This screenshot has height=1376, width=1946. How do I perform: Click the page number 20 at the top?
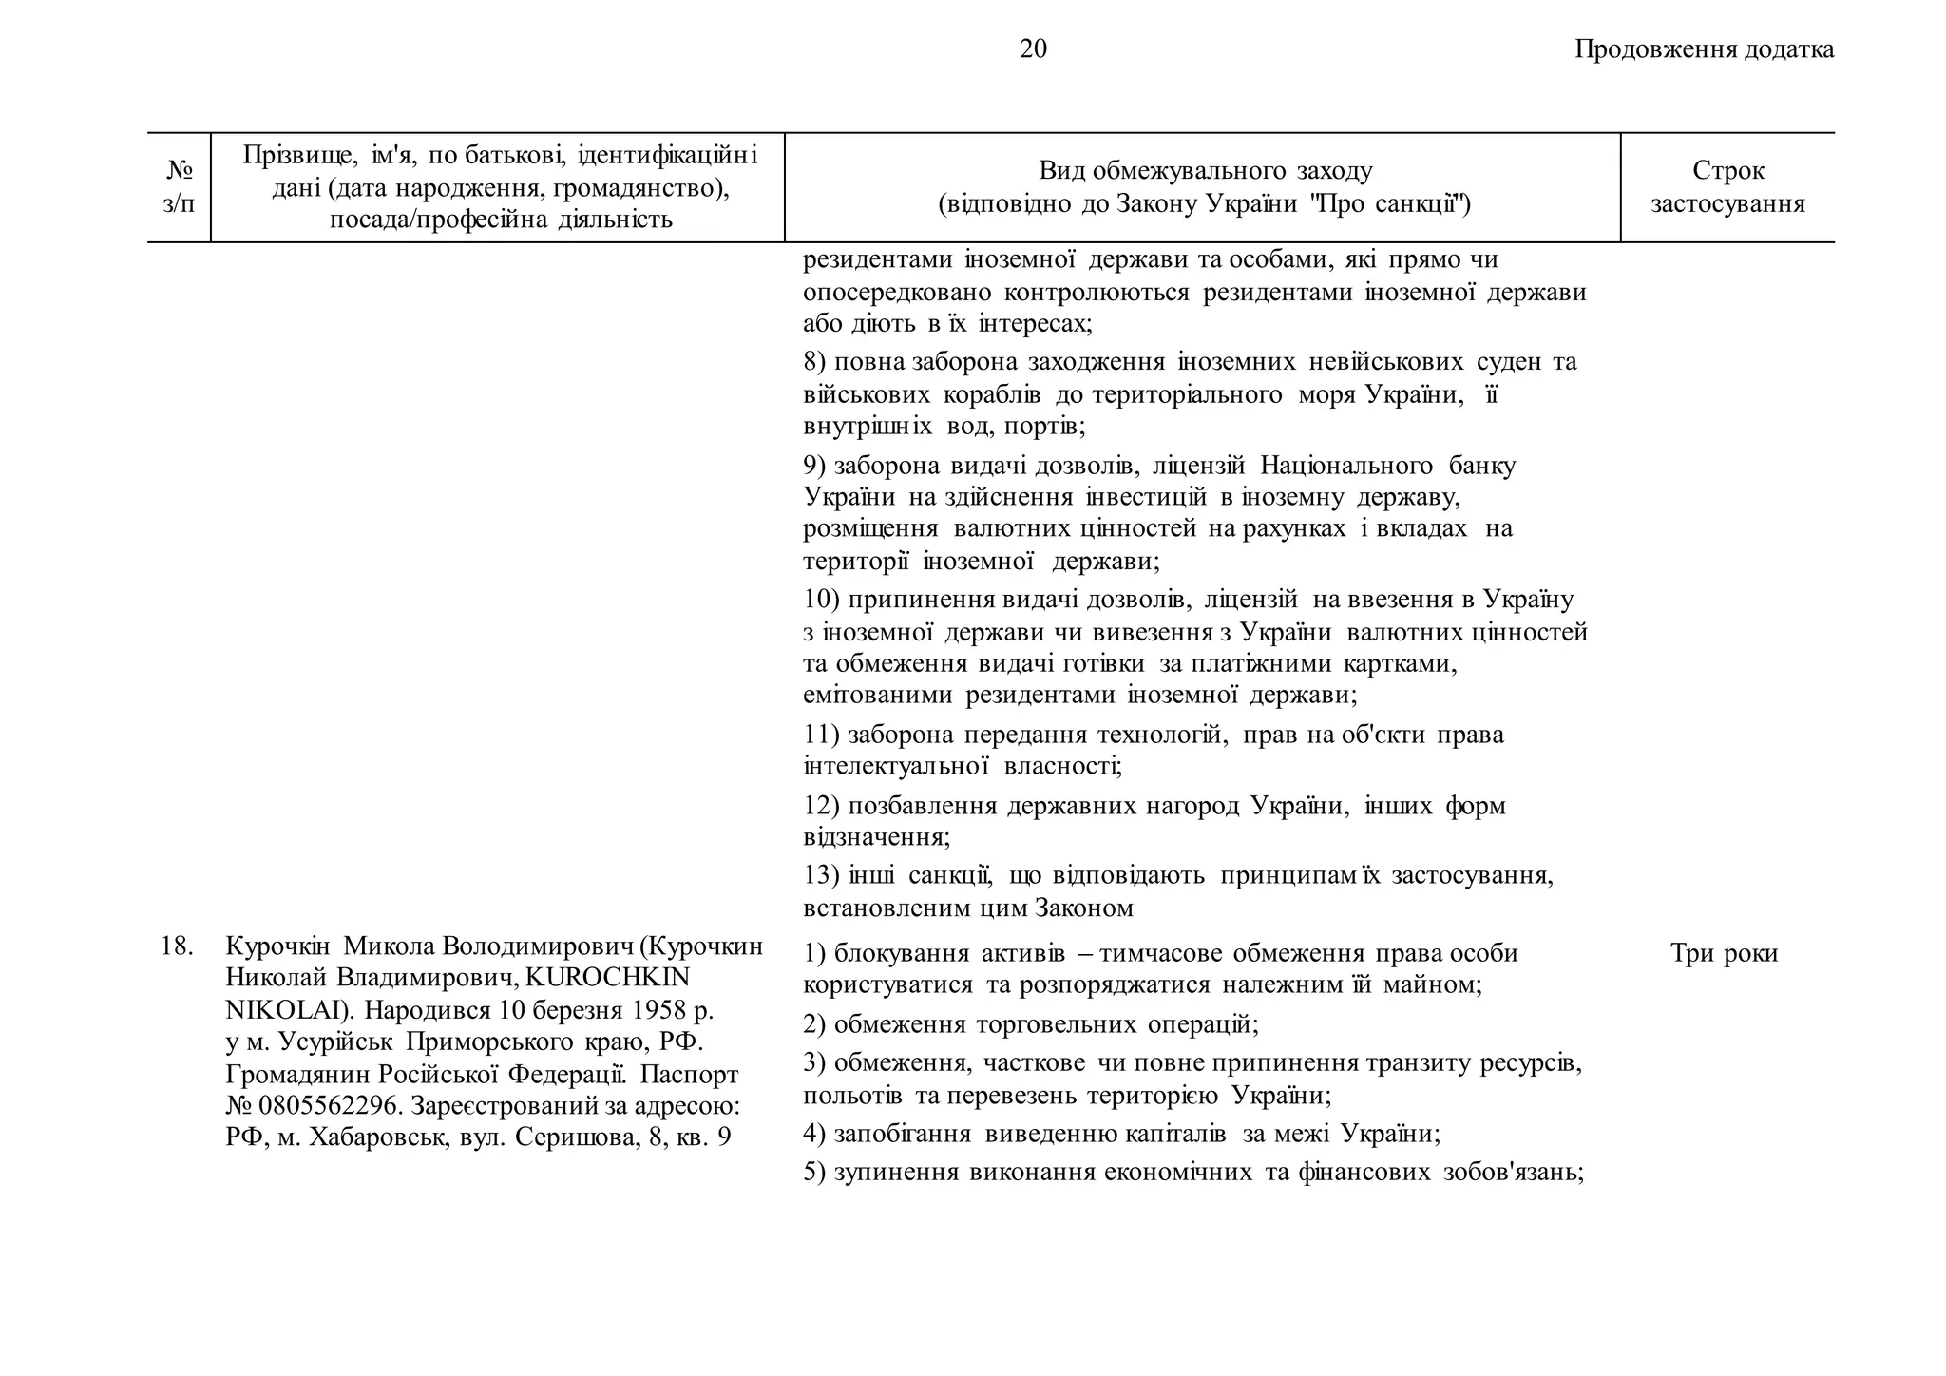[1033, 48]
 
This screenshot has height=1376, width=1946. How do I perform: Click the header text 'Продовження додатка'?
[1704, 49]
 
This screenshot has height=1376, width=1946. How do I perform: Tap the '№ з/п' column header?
[179, 187]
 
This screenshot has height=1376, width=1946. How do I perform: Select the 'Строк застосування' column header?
[1727, 187]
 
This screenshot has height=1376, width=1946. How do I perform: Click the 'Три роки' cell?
[1724, 953]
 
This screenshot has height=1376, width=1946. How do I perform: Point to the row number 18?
[177, 946]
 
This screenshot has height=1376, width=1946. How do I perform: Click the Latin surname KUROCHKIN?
[608, 977]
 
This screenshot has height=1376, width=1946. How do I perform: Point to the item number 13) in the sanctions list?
[821, 874]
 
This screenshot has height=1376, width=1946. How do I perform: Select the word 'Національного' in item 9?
[1345, 466]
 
